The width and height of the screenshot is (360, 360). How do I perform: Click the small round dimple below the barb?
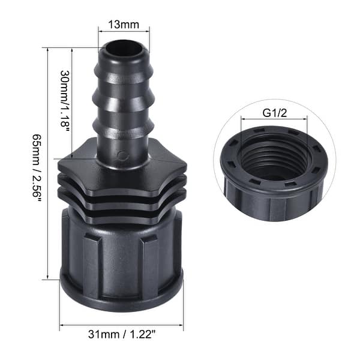[122, 157]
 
